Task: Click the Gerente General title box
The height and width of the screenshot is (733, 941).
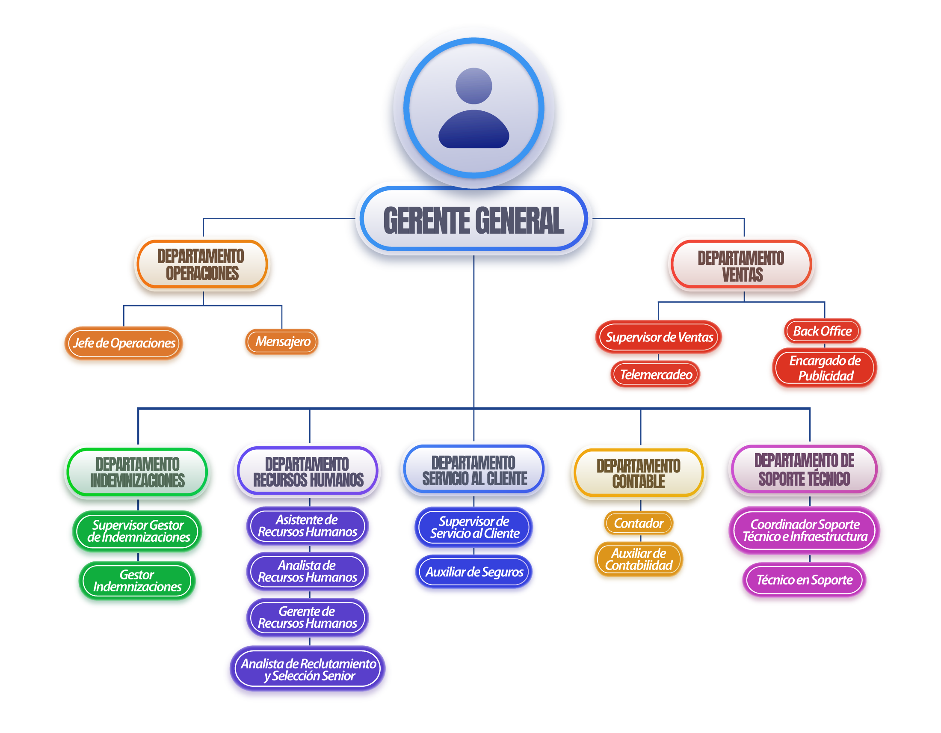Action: click(473, 220)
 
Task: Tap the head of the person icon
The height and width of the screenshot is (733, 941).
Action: click(473, 86)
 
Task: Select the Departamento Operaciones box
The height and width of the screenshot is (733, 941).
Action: click(201, 264)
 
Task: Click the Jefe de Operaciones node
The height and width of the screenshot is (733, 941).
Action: click(124, 344)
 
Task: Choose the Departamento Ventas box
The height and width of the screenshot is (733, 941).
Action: click(741, 266)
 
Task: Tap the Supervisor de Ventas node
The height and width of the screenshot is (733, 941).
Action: click(659, 338)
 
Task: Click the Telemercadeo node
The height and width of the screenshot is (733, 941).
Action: click(656, 375)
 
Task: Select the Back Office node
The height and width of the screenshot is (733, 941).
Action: click(822, 331)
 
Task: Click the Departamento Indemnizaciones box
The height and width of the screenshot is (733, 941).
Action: click(137, 472)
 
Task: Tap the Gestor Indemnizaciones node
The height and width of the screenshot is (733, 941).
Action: click(137, 581)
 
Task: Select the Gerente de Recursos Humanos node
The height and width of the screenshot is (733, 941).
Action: click(307, 617)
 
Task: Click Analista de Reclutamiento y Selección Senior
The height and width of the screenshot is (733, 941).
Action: click(308, 670)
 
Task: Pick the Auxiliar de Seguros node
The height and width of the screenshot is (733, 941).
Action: click(474, 572)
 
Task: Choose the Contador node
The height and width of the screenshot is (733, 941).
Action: click(639, 524)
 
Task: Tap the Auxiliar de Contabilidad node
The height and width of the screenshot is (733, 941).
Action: click(639, 559)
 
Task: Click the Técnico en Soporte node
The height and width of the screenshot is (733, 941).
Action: click(805, 580)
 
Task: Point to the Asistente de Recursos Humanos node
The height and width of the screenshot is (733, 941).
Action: click(307, 526)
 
